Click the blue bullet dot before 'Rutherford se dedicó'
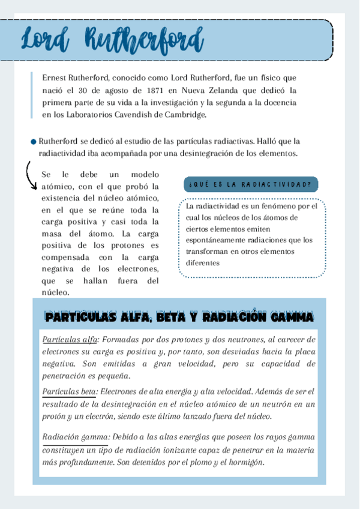pyautogui.click(x=34, y=142)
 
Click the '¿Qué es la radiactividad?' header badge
pyautogui.click(x=249, y=184)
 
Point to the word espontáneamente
pyautogui.click(x=215, y=240)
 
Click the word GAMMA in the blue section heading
pyautogui.click(x=291, y=316)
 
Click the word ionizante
pyautogui.click(x=187, y=450)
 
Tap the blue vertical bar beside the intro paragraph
pyautogui.click(x=31, y=96)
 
